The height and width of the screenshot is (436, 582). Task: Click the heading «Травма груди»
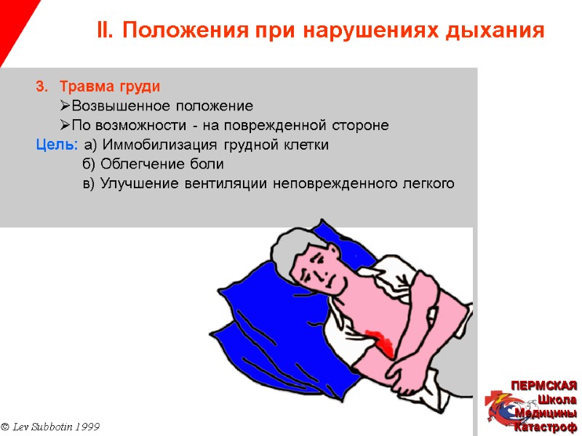109,86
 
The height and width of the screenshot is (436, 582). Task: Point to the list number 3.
41,86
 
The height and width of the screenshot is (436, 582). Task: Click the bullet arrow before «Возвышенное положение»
65,106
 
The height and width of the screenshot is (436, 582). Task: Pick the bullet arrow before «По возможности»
65,126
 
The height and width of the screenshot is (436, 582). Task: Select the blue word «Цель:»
57,145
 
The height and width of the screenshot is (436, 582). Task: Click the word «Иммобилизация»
154,145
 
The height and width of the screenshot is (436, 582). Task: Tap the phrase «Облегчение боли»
152,164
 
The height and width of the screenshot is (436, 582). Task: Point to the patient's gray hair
287,251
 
